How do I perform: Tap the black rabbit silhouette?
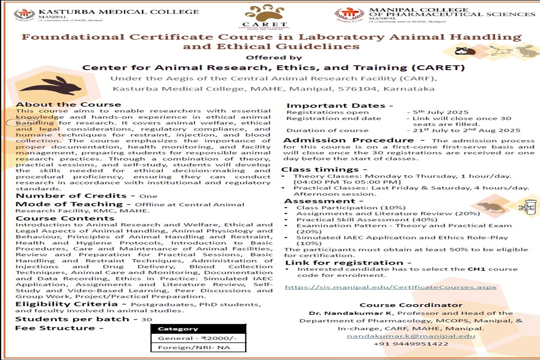(51, 86)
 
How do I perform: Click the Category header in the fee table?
(171, 329)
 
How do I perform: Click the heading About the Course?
(68, 104)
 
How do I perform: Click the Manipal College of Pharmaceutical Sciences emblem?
(349, 14)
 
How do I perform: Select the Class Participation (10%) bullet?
(343, 207)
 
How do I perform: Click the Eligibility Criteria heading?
(67, 304)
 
